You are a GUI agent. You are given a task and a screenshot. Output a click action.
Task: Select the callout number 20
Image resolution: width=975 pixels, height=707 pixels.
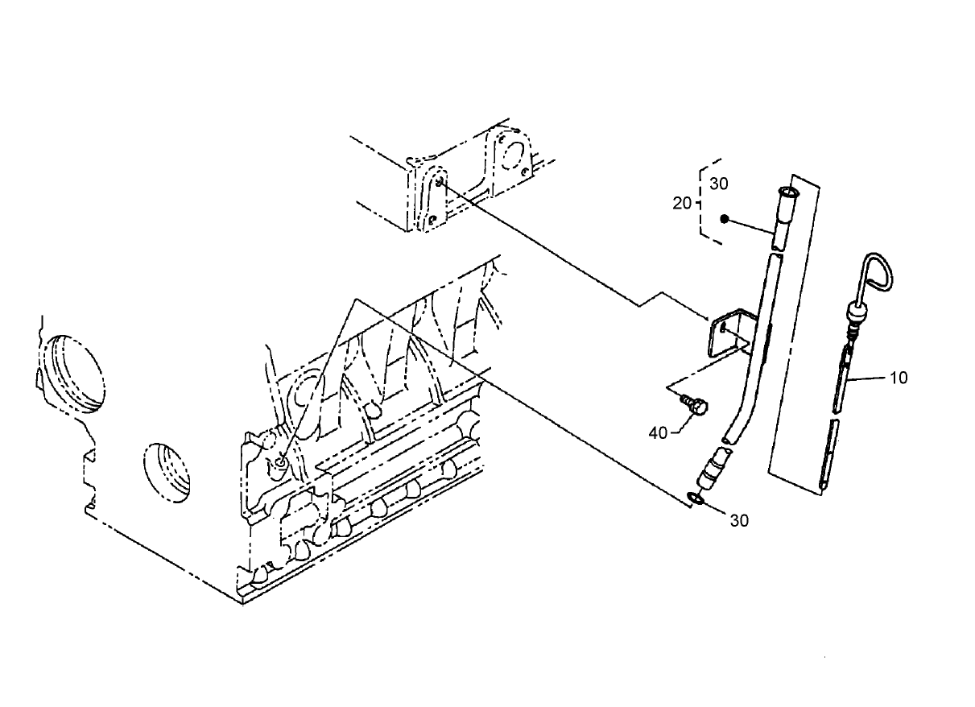(x=681, y=204)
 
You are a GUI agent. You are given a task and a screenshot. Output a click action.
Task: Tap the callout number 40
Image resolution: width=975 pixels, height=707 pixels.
(x=658, y=433)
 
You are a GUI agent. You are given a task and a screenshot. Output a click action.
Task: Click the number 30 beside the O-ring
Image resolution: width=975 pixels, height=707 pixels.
(x=739, y=520)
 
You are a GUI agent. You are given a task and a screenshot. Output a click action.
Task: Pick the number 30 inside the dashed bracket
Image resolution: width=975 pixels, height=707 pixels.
(x=719, y=184)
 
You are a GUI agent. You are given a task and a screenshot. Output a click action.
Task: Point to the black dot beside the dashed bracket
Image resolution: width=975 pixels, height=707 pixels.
(x=725, y=219)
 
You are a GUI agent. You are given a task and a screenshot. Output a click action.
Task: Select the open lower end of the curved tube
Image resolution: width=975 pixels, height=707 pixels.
(x=729, y=438)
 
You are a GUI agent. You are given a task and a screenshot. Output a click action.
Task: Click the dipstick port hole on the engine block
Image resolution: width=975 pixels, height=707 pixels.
(x=279, y=461)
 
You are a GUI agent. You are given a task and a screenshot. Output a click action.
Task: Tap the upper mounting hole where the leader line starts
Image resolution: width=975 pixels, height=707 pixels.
(x=439, y=183)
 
